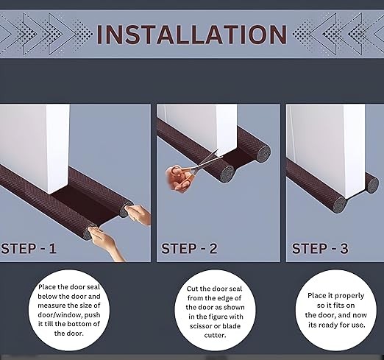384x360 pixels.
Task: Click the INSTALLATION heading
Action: (192, 35)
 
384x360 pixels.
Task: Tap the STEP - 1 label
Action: (29, 248)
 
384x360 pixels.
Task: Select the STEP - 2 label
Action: (189, 248)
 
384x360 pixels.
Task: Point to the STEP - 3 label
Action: (320, 248)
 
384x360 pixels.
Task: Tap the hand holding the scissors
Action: (178, 179)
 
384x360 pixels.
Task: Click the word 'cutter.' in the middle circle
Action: (215, 335)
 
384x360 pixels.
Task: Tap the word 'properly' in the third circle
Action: (349, 296)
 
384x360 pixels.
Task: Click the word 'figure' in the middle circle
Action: (217, 317)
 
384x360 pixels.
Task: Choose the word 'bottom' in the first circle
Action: (80, 324)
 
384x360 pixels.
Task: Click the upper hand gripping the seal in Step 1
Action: (138, 214)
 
